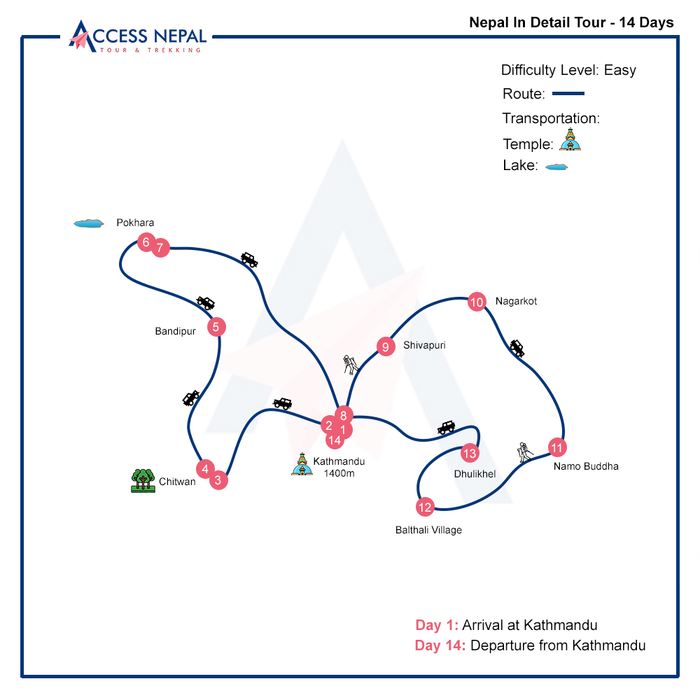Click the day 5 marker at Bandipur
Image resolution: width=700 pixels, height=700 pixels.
(216, 326)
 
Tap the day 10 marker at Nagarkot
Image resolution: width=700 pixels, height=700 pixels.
(477, 302)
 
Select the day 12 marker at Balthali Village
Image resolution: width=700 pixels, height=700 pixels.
(425, 507)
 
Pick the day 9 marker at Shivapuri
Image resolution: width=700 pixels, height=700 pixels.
(385, 346)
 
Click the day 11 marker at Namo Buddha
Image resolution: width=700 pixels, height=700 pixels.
(556, 447)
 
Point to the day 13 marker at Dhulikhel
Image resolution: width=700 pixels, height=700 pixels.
(469, 453)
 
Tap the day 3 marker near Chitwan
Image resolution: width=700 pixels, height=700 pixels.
(218, 480)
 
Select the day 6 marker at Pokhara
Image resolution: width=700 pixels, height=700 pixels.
(146, 243)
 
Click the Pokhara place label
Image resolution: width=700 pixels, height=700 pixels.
(135, 223)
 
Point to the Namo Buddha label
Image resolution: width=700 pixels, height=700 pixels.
(586, 466)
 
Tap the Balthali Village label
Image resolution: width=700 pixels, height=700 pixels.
(428, 530)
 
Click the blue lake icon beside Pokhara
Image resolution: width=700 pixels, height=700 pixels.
(88, 223)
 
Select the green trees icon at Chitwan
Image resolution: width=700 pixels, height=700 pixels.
(143, 480)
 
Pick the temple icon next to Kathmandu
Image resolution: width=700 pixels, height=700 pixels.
(302, 464)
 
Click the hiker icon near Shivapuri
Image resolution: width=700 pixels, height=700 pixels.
(351, 364)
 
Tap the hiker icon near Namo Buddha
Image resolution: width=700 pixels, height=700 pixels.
(525, 451)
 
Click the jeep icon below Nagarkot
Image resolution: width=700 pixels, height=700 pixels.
(517, 348)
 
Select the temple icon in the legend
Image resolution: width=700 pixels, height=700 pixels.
(570, 140)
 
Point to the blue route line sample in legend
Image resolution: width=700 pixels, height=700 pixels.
(568, 94)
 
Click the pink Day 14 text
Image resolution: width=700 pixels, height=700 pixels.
(440, 645)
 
